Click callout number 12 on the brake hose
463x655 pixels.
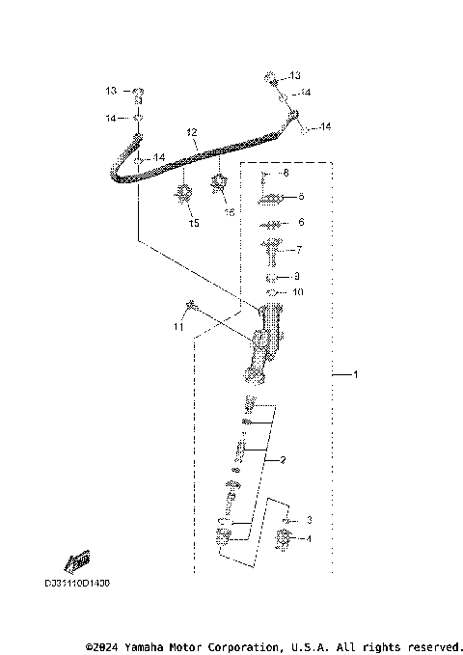tap(191, 132)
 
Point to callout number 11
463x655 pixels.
tap(177, 328)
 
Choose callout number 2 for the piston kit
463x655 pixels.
tap(284, 460)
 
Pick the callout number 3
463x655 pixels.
tap(309, 520)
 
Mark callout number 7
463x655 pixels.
tap(299, 250)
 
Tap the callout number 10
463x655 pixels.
tap(298, 290)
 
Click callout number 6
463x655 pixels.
tap(301, 222)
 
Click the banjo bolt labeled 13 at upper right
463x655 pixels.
tap(271, 76)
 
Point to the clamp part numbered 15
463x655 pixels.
tap(181, 199)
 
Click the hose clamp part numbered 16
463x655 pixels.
tap(219, 179)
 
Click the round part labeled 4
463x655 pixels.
tap(285, 541)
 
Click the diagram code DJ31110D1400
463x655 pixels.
tap(76, 584)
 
